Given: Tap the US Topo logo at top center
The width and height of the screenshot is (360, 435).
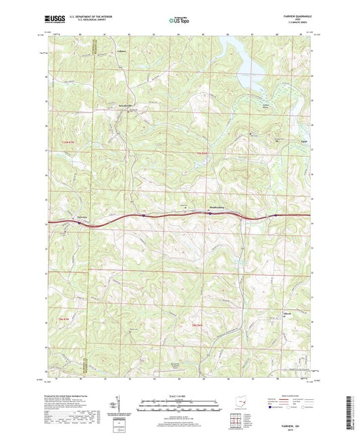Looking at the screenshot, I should coord(179,21).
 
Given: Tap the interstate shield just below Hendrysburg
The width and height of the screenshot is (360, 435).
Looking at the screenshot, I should coord(210,213).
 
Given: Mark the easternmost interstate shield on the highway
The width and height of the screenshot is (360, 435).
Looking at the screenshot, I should coord(276,216).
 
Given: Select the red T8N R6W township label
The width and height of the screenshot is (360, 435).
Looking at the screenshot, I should coord(199,327).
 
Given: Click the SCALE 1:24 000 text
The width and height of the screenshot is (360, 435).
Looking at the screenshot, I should coord(180,394).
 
